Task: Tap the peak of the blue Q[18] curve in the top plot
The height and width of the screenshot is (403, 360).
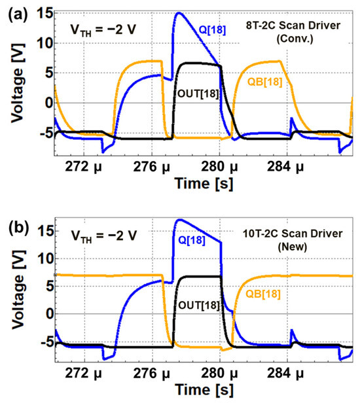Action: [178, 12]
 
